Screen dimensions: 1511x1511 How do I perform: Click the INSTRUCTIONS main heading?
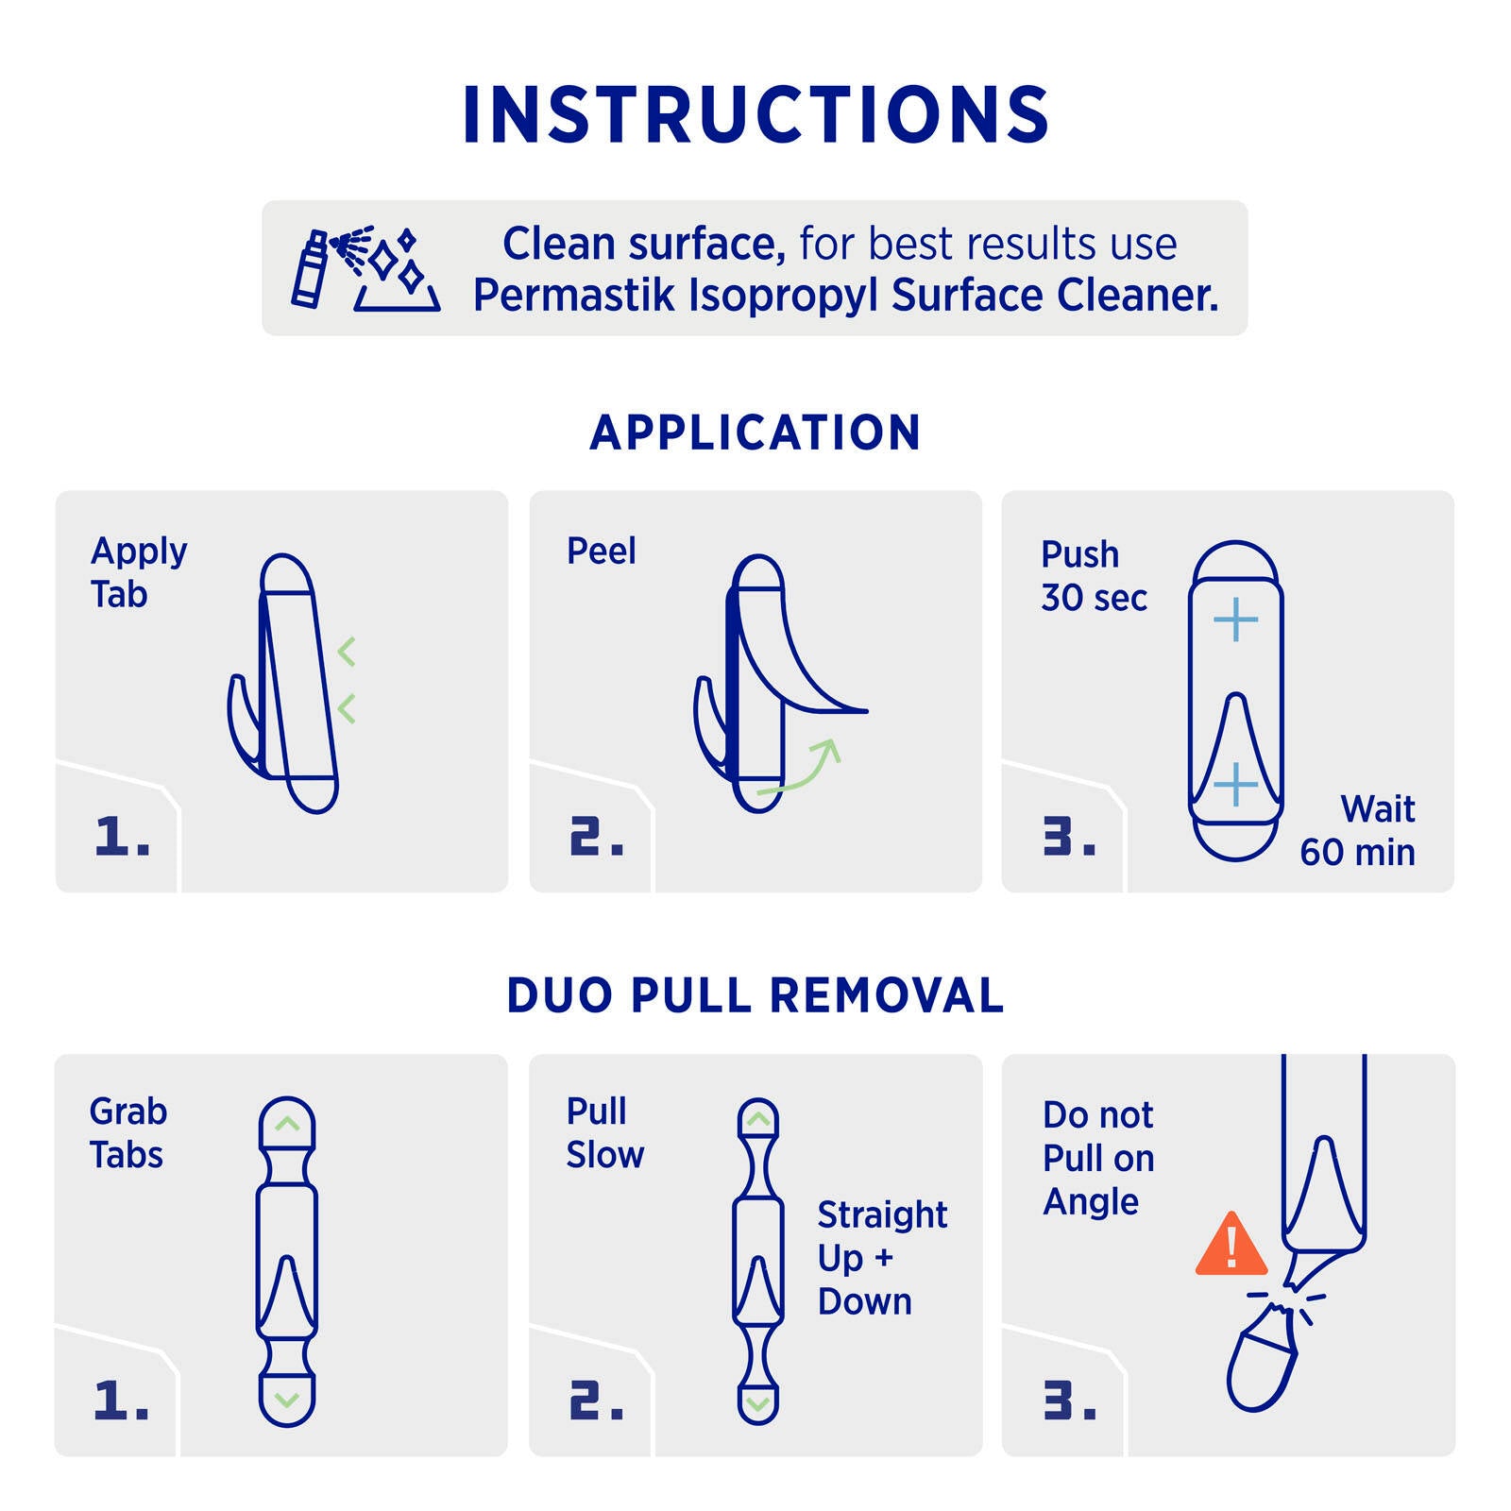tap(755, 114)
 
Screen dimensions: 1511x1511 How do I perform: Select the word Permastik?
tap(574, 295)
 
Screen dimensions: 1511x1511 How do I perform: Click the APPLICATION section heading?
tap(755, 433)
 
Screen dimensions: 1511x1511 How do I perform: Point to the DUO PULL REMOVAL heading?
tap(755, 995)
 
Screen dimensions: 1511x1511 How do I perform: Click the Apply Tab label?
tap(139, 572)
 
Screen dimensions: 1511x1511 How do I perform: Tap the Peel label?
tap(601, 551)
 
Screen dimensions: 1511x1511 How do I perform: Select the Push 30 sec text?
tap(1094, 576)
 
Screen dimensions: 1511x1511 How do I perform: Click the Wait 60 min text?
tap(1357, 831)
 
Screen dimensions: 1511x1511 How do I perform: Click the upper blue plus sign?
tap(1235, 620)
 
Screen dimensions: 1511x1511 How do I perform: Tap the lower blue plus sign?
tap(1235, 785)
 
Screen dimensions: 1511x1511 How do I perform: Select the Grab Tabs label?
tap(127, 1133)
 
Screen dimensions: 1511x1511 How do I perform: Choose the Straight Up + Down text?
tap(882, 1258)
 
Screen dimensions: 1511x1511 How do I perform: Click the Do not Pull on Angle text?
tap(1098, 1159)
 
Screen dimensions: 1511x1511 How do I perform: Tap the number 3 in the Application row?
tap(1069, 837)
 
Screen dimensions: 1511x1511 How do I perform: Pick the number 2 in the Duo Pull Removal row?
tap(596, 1401)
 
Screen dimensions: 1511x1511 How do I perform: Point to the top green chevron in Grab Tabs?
tap(287, 1124)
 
